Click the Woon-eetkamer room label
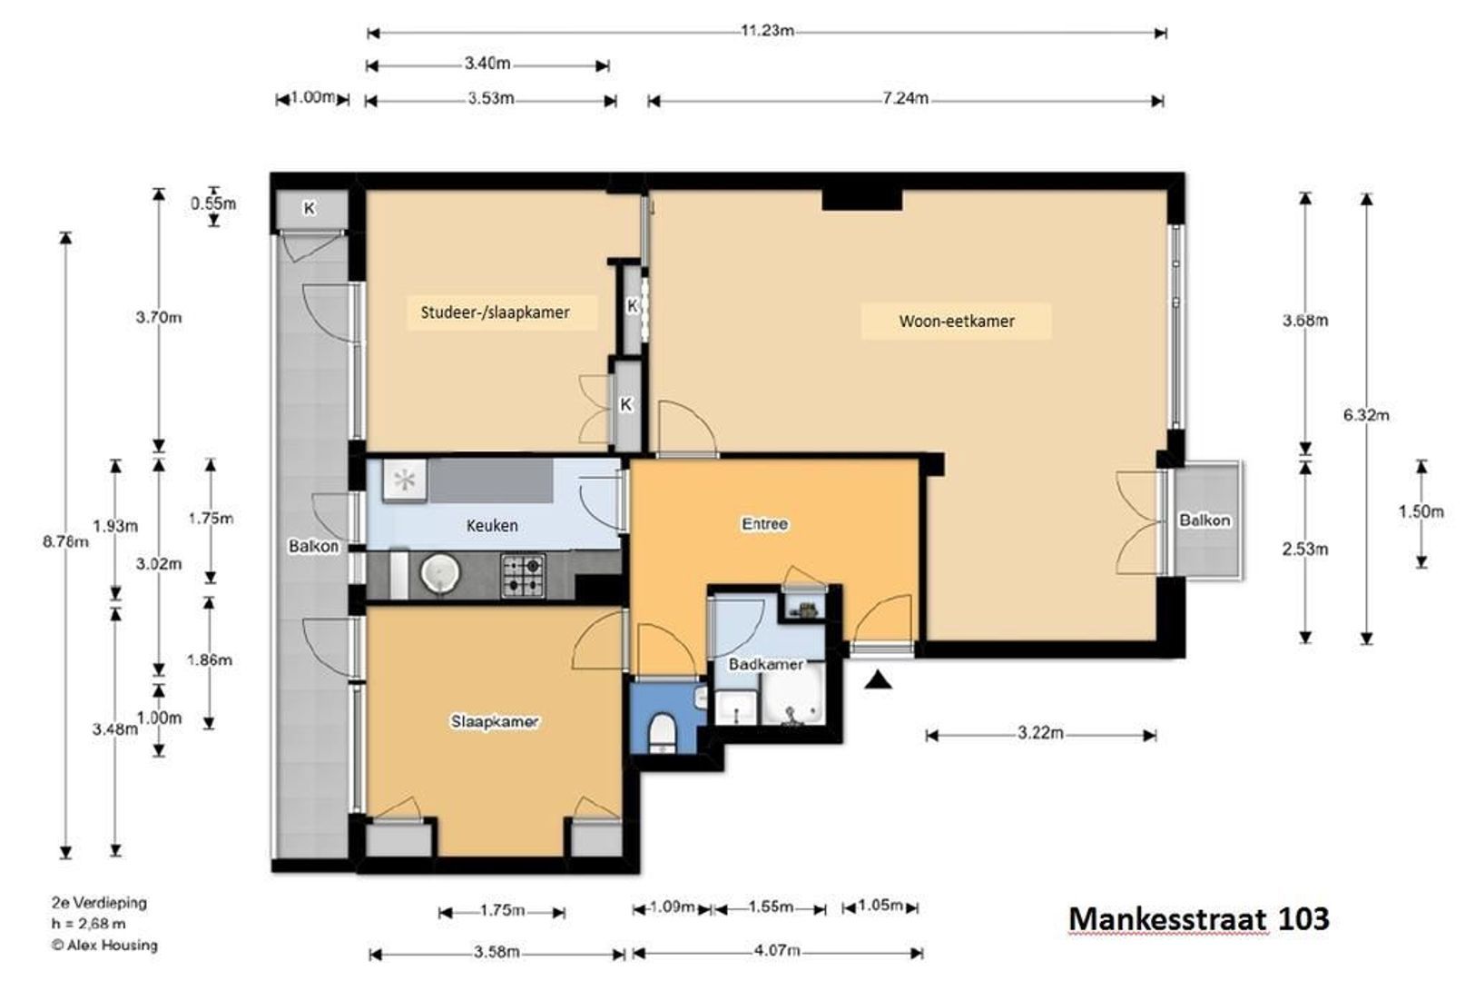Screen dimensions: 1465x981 pyautogui.click(x=956, y=322)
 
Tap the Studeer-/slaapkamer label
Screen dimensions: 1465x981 pyautogui.click(x=495, y=312)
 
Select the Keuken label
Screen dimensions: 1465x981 pyautogui.click(x=492, y=526)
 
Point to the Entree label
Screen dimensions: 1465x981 pyautogui.click(x=764, y=524)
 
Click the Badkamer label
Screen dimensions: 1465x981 pyautogui.click(x=766, y=664)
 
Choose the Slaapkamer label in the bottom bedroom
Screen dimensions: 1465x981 pyautogui.click(x=495, y=721)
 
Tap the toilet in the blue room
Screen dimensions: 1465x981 pyautogui.click(x=662, y=732)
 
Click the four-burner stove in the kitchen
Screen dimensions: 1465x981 pyautogui.click(x=523, y=575)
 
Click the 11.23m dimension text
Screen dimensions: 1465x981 pyautogui.click(x=767, y=31)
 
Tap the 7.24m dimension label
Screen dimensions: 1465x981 pyautogui.click(x=905, y=99)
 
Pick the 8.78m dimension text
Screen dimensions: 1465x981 pyautogui.click(x=65, y=541)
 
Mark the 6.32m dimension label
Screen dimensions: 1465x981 pyautogui.click(x=1366, y=415)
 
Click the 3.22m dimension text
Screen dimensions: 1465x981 pyautogui.click(x=1040, y=733)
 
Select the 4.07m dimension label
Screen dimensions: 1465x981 pyautogui.click(x=777, y=950)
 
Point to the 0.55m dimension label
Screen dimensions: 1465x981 pyautogui.click(x=213, y=203)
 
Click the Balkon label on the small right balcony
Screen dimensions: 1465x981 pyautogui.click(x=1204, y=520)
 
